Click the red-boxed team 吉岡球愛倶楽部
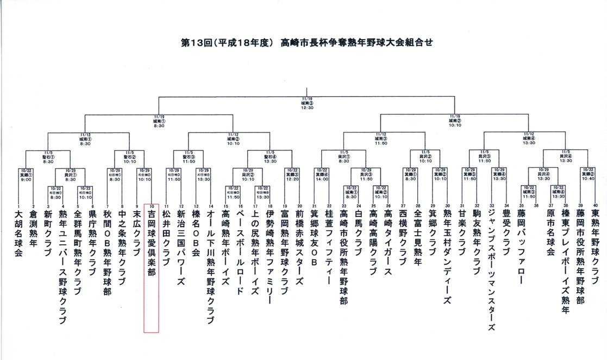151,244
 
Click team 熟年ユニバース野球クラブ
62,266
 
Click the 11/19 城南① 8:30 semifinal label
159,121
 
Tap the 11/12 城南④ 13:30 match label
528,138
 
